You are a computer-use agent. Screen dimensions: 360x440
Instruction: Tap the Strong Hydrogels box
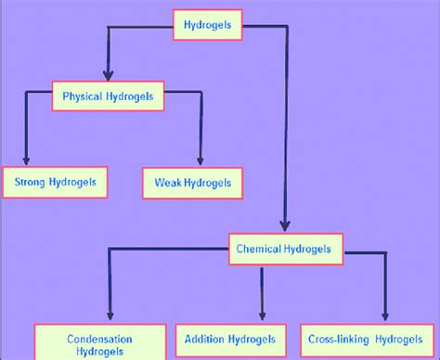(56, 183)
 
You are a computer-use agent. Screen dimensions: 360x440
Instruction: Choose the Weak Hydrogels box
(193, 184)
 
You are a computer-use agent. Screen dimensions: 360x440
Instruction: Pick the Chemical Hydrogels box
(290, 249)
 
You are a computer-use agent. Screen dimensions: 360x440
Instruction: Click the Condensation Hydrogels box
(100, 344)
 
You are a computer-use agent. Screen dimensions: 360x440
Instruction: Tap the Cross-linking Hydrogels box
(367, 339)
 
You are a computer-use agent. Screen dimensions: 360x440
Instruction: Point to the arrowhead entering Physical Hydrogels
(109, 74)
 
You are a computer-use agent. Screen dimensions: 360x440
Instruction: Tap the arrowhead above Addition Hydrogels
(261, 315)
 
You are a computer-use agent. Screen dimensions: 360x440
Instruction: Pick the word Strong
(30, 183)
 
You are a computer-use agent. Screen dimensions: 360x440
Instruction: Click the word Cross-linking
(340, 339)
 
